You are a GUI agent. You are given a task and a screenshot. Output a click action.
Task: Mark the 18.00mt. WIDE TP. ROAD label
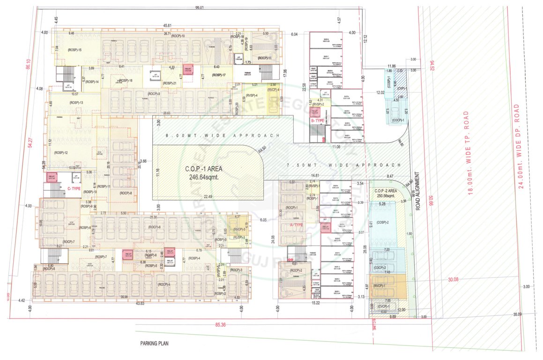click(x=467, y=152)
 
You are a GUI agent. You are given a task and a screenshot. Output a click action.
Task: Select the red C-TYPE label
click(x=74, y=188)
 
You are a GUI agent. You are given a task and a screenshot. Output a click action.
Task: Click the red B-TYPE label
click(x=318, y=120)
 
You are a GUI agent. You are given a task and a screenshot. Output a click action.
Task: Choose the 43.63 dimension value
click(x=138, y=304)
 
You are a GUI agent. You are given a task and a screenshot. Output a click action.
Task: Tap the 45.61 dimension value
click(x=167, y=25)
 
